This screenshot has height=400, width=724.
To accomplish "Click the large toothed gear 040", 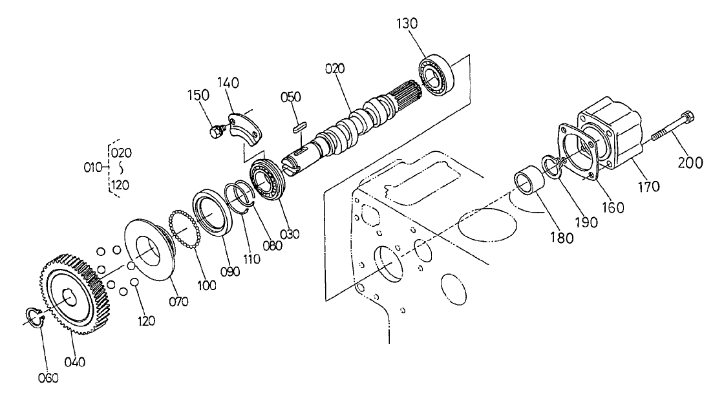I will coord(72,291).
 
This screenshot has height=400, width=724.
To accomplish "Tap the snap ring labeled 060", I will coord(34,318).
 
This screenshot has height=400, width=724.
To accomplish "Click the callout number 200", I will coord(691,163).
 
